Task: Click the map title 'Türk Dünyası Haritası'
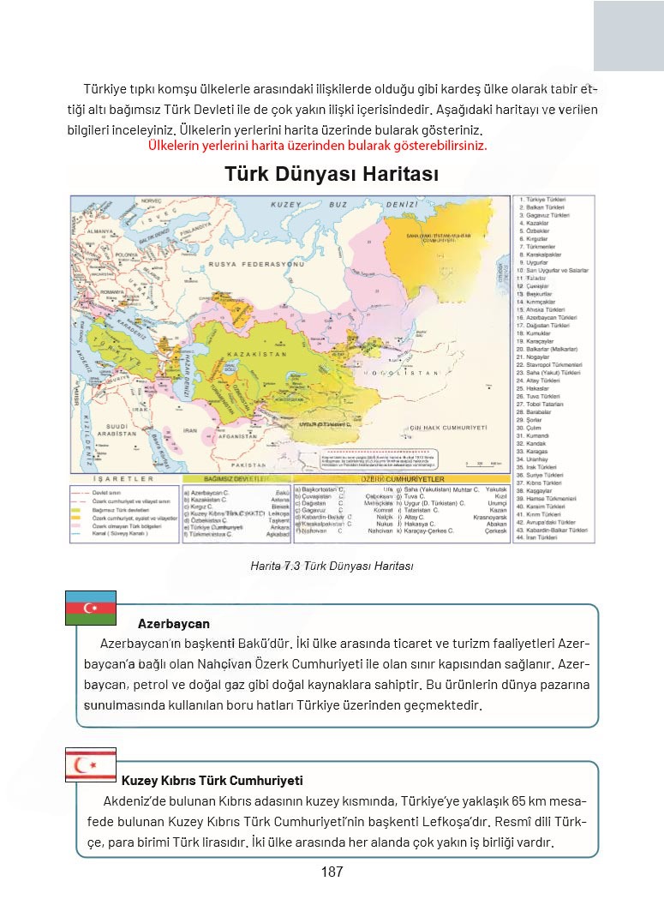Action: pyautogui.click(x=332, y=174)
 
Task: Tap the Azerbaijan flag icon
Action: pyautogui.click(x=90, y=608)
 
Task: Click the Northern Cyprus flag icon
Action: pyautogui.click(x=90, y=763)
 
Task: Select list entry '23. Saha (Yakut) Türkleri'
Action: pyautogui.click(x=549, y=372)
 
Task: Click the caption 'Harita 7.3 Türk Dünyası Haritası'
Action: pyautogui.click(x=332, y=566)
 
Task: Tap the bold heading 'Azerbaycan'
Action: pyautogui.click(x=173, y=624)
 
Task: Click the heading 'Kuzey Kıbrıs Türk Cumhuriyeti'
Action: pyautogui.click(x=212, y=781)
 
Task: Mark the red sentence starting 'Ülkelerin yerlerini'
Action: pyautogui.click(x=317, y=146)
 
